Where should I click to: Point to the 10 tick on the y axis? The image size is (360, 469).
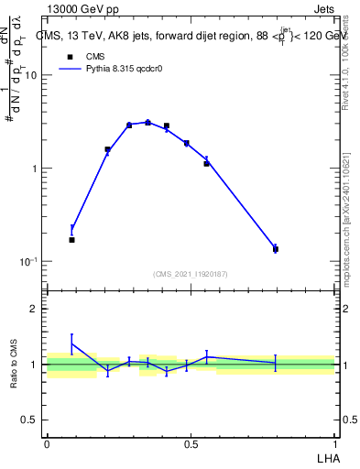pos(30,76)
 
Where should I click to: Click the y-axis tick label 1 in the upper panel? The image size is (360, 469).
pos(34,169)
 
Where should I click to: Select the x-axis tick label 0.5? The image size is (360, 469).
pos(191,444)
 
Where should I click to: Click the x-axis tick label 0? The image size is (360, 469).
pos(47,444)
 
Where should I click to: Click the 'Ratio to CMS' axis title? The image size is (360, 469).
pos(12,365)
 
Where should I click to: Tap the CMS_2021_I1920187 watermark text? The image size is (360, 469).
pos(191,274)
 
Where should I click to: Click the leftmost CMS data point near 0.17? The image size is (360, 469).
pos(71,240)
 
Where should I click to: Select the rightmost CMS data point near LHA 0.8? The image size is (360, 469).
pos(275,249)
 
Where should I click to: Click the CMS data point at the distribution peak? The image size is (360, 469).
pos(147,122)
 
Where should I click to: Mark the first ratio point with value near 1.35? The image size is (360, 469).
pos(71,344)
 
